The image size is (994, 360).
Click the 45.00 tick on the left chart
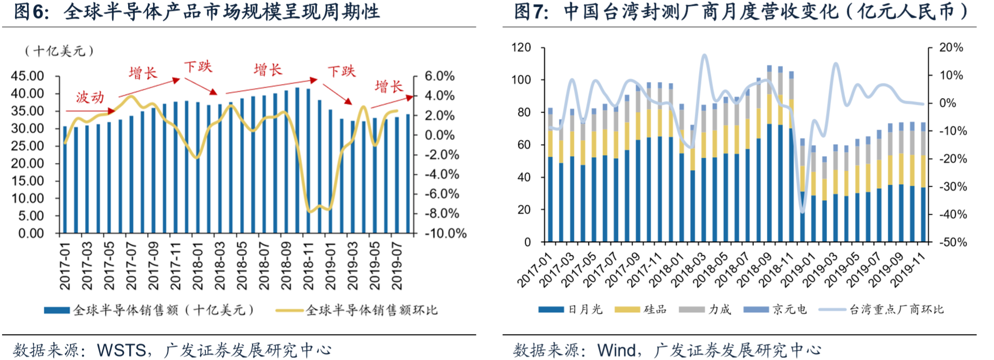coord(27,76)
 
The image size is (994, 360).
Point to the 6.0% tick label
coord(439,76)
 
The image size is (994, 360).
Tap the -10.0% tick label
coord(445,233)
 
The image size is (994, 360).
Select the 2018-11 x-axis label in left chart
coord(309,266)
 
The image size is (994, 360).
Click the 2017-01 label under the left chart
coord(65,266)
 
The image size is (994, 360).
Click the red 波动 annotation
coord(90,98)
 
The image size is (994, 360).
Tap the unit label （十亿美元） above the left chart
coord(59,51)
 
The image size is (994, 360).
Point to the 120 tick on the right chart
coord(521,48)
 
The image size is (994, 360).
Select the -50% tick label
coord(953,242)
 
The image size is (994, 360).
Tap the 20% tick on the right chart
coord(951,48)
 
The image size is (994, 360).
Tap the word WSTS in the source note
coord(121,351)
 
